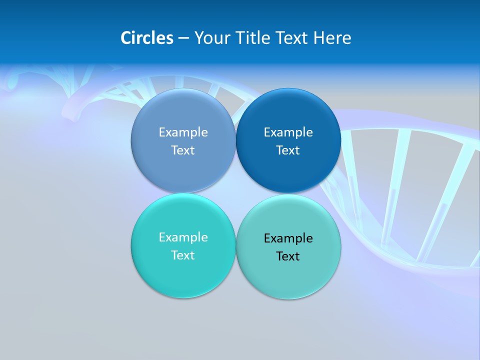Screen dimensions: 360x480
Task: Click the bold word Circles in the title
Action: pyautogui.click(x=146, y=38)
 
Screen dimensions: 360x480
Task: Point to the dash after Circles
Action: pyautogui.click(x=183, y=38)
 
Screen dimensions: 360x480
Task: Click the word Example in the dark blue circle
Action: pyautogui.click(x=288, y=132)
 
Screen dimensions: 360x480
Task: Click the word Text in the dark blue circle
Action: pyautogui.click(x=288, y=150)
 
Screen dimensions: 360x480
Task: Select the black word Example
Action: pyautogui.click(x=288, y=238)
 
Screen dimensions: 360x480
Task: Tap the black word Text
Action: pyautogui.click(x=288, y=256)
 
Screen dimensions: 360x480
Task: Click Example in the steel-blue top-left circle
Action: pyautogui.click(x=183, y=132)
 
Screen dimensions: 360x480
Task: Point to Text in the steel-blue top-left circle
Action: pyautogui.click(x=183, y=150)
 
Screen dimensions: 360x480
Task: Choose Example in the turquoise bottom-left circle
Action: pyautogui.click(x=183, y=237)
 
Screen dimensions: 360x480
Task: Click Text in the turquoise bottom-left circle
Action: pyautogui.click(x=183, y=255)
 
